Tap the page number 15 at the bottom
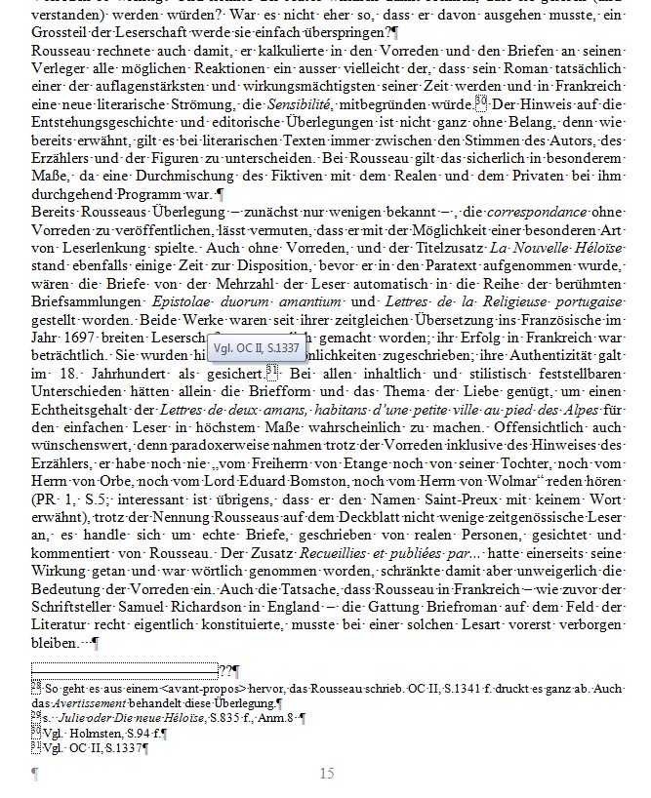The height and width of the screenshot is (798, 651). pos(327,774)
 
